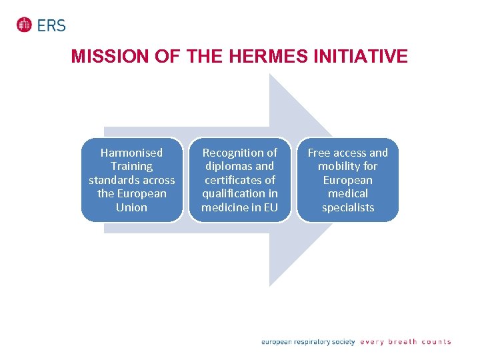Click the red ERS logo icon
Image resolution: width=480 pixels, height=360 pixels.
[25, 25]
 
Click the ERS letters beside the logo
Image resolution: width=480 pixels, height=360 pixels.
[51, 25]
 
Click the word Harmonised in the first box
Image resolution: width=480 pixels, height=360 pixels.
[131, 153]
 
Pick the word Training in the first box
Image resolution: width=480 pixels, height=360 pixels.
[131, 166]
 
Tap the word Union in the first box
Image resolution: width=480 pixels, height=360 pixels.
[131, 207]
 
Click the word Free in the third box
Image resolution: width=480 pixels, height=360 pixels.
[319, 153]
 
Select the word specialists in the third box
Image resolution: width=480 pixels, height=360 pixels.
[347, 207]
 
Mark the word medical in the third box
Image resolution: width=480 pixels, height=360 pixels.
[347, 193]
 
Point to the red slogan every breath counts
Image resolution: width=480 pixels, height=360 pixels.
[405, 342]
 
